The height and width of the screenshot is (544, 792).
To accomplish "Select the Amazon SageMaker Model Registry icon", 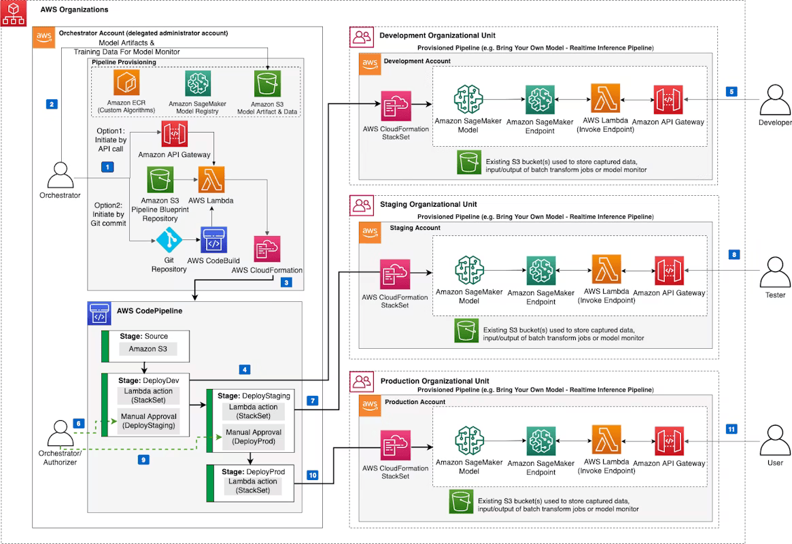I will (198, 84).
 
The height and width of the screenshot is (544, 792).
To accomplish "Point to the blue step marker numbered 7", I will (312, 401).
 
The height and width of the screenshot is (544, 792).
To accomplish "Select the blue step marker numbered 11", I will (731, 429).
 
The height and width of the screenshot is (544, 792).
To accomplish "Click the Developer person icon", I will (775, 99).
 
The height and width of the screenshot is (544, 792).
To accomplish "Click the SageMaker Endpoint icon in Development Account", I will (540, 99).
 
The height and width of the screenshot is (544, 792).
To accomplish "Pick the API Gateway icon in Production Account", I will (668, 441).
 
